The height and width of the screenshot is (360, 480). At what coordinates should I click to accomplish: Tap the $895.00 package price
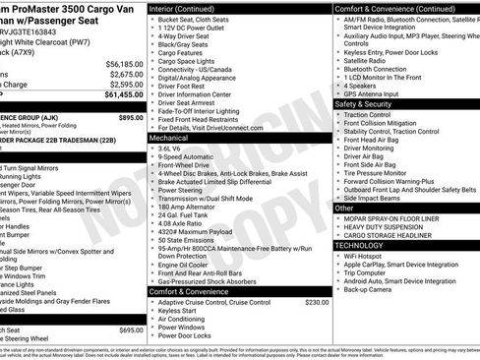point(130,116)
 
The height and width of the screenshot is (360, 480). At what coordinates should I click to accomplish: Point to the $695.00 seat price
point(130,330)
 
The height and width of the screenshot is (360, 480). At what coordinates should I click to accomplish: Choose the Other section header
point(344,209)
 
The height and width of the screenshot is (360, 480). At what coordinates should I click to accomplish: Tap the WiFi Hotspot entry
point(369,257)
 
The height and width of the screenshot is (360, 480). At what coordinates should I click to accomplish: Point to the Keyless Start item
point(183,310)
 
